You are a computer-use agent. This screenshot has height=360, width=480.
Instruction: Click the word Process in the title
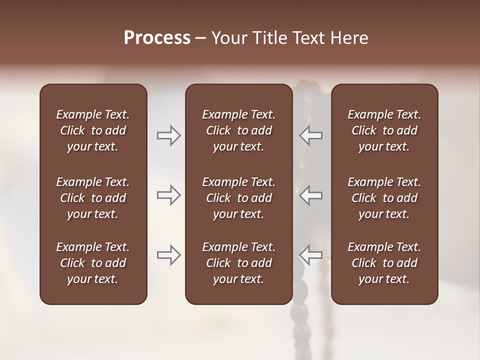(157, 38)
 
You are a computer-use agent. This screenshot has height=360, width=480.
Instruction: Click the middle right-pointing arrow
(168, 195)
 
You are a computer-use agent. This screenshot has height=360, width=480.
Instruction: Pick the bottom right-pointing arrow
(168, 255)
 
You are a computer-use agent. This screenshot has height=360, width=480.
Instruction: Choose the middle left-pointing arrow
(310, 195)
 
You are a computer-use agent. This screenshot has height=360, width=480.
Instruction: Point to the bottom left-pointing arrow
(310, 255)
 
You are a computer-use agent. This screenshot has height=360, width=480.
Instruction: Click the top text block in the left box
(93, 130)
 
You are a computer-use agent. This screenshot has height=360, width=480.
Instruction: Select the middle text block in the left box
(93, 198)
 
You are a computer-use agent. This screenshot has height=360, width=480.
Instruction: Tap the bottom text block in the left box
(93, 263)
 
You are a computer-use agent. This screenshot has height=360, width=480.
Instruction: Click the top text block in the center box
(238, 130)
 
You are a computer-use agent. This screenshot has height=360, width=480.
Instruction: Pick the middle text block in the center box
(238, 198)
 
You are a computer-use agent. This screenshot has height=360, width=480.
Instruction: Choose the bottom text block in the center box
(238, 263)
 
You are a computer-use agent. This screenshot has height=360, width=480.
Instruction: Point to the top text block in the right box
(384, 130)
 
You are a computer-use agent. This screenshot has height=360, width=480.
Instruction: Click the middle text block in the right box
(384, 198)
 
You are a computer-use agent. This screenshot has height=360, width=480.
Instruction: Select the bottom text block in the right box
(384, 263)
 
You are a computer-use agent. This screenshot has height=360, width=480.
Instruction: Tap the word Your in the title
(229, 38)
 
